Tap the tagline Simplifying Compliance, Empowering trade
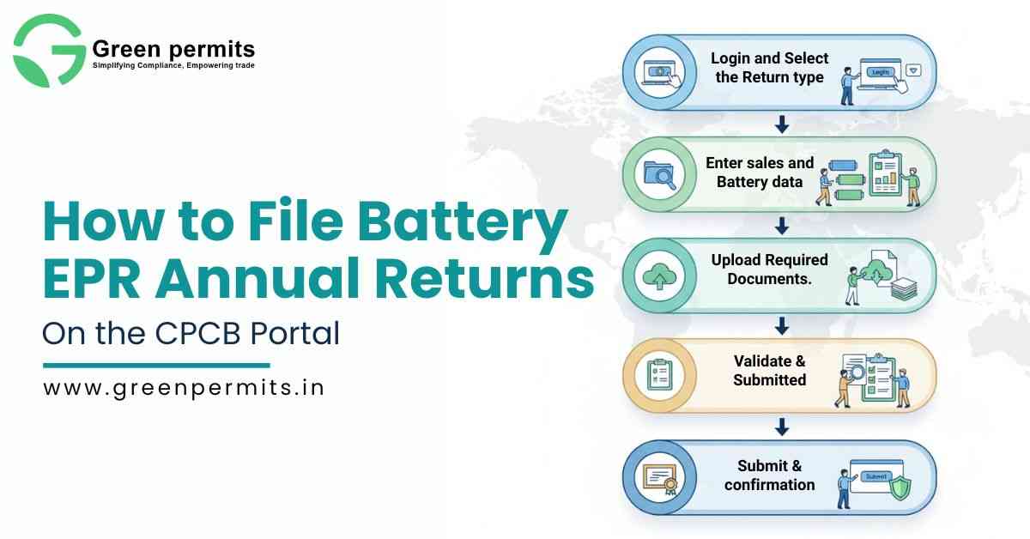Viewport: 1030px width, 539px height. point(173,65)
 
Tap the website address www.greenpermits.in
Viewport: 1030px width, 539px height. point(184,387)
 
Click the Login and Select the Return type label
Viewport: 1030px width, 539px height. point(770,68)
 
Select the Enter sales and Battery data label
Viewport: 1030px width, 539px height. point(760,172)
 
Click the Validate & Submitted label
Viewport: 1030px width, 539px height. point(770,370)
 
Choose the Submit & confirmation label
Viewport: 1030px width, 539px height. point(770,475)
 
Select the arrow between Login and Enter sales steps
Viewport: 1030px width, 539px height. point(782,124)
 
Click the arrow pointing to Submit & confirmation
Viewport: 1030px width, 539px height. point(782,426)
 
